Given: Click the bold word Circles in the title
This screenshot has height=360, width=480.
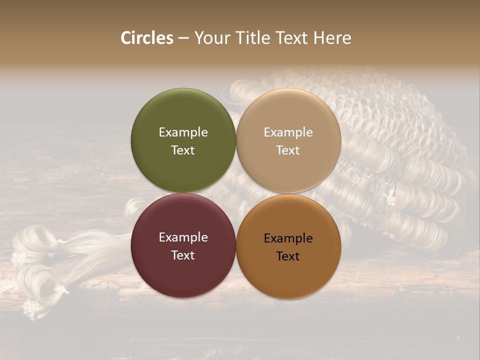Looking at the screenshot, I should coord(147,38).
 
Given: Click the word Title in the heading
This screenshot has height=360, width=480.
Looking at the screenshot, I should coord(249,38).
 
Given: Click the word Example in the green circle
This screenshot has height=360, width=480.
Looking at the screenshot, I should coord(183,132).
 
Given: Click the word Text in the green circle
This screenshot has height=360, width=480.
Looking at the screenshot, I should coord(183,150).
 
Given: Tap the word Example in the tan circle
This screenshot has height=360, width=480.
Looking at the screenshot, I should coord(288,132).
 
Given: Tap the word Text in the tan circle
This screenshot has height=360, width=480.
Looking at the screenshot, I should coord(288,150).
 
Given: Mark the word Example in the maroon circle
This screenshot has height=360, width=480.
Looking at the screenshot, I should coord(183,237).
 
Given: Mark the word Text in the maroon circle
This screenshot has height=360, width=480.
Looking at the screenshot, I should coord(183,255).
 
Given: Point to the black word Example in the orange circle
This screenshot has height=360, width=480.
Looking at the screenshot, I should coord(288,238).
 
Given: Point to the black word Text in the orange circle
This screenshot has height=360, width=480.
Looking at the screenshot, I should coord(288,256).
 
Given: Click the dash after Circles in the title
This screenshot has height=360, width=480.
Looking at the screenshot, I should coord(183,38).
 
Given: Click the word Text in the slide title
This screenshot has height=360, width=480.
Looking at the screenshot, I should coord(291,38).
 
